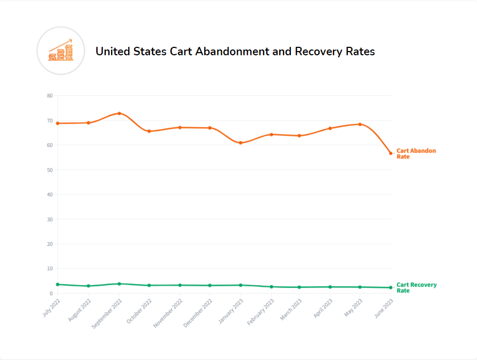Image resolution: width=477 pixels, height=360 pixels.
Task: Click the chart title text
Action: coord(235,52)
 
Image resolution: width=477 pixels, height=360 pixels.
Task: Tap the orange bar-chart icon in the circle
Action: coord(61,50)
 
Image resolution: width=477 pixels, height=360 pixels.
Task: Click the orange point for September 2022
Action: coord(119,113)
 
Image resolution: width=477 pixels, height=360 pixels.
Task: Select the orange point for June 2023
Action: coord(390,153)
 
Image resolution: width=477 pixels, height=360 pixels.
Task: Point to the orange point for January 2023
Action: coord(240,143)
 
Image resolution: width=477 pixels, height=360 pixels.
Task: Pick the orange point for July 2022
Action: coord(57,123)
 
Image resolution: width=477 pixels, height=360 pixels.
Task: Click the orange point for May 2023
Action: coord(360,124)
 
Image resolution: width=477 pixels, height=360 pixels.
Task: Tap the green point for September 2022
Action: coord(119,284)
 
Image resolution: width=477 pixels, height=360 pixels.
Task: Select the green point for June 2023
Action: coord(390,288)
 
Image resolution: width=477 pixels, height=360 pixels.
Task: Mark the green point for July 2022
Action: coord(57,284)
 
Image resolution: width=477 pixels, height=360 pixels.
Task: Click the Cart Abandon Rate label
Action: coord(416,154)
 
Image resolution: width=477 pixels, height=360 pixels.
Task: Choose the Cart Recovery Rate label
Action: coord(416,288)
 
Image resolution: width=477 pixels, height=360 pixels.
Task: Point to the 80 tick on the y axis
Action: coord(50,96)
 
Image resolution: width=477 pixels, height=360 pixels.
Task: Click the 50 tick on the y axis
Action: coord(50,170)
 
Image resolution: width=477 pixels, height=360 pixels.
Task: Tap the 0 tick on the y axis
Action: coord(51,294)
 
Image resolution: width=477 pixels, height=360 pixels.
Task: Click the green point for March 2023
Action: coord(299,287)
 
